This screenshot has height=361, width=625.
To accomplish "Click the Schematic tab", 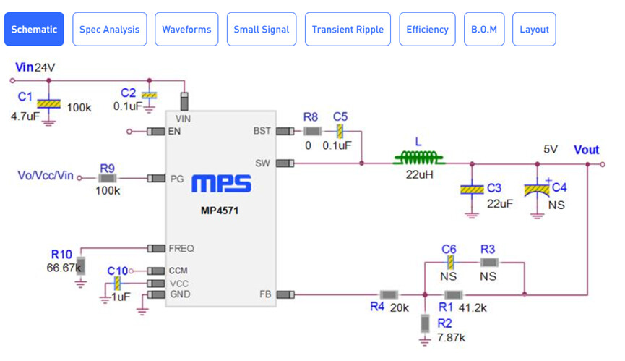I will [34, 29].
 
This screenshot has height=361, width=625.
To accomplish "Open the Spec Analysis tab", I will [110, 29].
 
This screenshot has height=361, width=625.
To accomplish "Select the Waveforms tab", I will [186, 29].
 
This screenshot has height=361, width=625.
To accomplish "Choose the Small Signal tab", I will [261, 29].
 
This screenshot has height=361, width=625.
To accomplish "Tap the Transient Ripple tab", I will [348, 29].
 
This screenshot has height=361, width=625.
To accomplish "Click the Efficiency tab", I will [427, 29].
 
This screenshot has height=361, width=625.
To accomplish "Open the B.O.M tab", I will [483, 29].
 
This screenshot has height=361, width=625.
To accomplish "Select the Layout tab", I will [534, 29].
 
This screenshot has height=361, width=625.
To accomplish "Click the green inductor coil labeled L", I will [418, 157].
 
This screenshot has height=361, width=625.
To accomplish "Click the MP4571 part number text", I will [221, 211].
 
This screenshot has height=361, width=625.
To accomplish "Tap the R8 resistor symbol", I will [312, 132].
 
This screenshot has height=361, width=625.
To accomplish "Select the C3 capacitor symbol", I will [472, 190].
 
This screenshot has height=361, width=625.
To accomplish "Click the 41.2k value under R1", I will [473, 307].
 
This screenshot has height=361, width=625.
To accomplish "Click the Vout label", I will [587, 150].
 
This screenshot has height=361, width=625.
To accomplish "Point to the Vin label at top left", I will [24, 67].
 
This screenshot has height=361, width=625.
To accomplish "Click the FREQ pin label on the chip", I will [181, 248].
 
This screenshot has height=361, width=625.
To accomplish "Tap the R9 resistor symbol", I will [108, 178].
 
